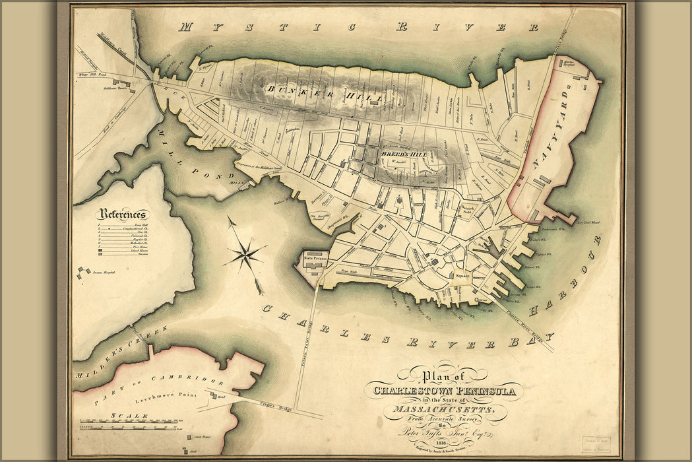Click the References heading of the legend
point(123,214)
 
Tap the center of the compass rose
point(245,252)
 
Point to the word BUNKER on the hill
point(290,88)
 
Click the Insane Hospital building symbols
point(83,272)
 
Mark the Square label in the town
point(460,276)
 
